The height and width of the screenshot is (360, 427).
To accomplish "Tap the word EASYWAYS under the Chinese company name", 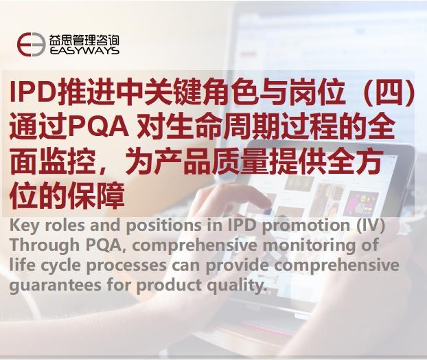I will pyautogui.click(x=84, y=50).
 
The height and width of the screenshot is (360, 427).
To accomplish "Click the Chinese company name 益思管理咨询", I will pyautogui.click(x=84, y=38).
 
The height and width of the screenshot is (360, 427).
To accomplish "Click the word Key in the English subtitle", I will pyautogui.click(x=24, y=226).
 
